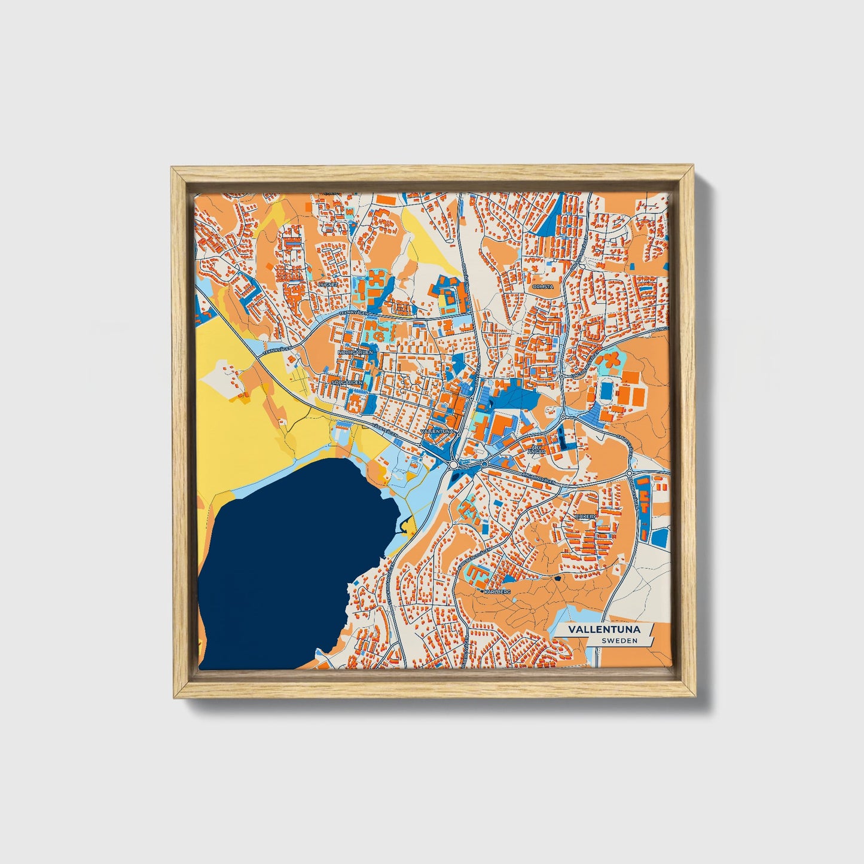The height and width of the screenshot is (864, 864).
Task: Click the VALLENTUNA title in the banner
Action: pyautogui.click(x=604, y=630)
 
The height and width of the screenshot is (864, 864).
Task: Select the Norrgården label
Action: pyautogui.click(x=355, y=352)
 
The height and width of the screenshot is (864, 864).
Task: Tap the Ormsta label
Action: pyautogui.click(x=543, y=286)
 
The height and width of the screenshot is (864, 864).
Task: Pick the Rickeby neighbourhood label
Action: pyautogui.click(x=585, y=515)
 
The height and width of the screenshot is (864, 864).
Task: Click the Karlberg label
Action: pyautogui.click(x=497, y=591)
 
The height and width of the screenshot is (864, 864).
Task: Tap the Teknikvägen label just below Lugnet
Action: pyautogui.click(x=352, y=313)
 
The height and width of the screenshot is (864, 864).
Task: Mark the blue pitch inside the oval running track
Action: pyautogui.click(x=607, y=392)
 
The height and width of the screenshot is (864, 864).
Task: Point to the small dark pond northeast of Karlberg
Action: pyautogui.click(x=558, y=578)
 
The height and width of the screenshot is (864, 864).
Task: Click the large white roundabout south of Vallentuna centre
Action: pyautogui.click(x=454, y=465)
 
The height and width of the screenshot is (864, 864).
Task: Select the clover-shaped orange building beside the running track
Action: pyautogui.click(x=609, y=361)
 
